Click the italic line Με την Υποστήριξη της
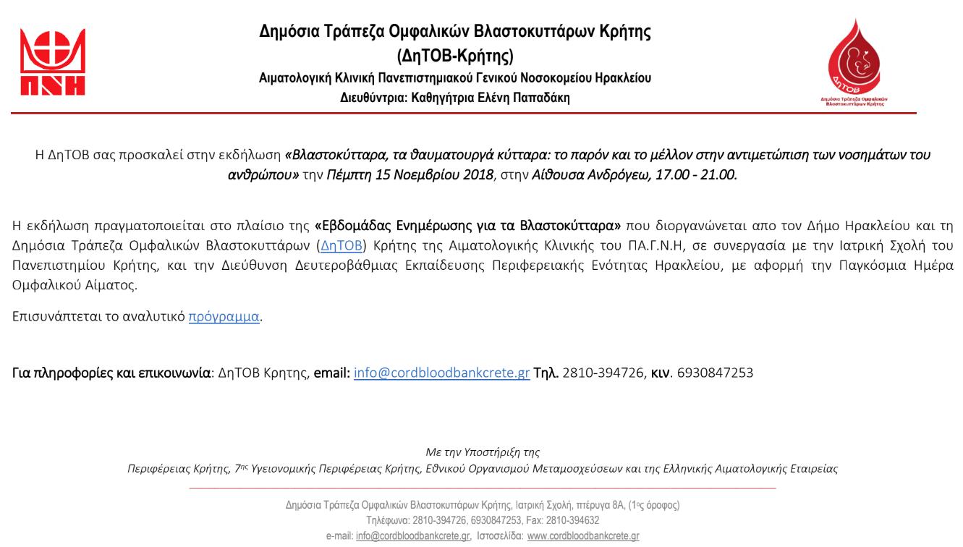pyautogui.click(x=480, y=452)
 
